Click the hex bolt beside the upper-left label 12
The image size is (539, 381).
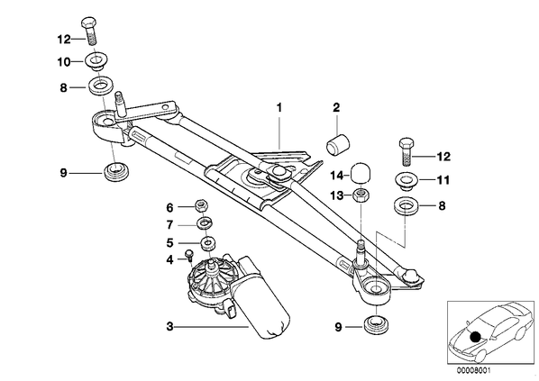point(88,31)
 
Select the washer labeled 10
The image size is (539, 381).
point(96,62)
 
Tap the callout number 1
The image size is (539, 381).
point(279,107)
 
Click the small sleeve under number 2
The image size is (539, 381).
point(337,145)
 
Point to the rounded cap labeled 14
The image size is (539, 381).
point(361,174)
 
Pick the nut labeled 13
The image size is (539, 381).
point(361,196)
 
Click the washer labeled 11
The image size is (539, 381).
point(407,181)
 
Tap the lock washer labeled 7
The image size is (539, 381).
point(206,224)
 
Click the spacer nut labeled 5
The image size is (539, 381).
point(207,243)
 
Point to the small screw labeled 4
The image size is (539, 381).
point(189,257)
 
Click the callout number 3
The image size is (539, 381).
point(169,326)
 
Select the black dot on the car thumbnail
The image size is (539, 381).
point(475,337)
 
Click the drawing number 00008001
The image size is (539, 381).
point(474,371)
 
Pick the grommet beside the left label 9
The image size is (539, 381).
point(116,171)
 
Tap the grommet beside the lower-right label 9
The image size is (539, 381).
point(376,326)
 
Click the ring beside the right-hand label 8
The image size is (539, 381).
point(407,207)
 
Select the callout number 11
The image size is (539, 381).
point(443,180)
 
